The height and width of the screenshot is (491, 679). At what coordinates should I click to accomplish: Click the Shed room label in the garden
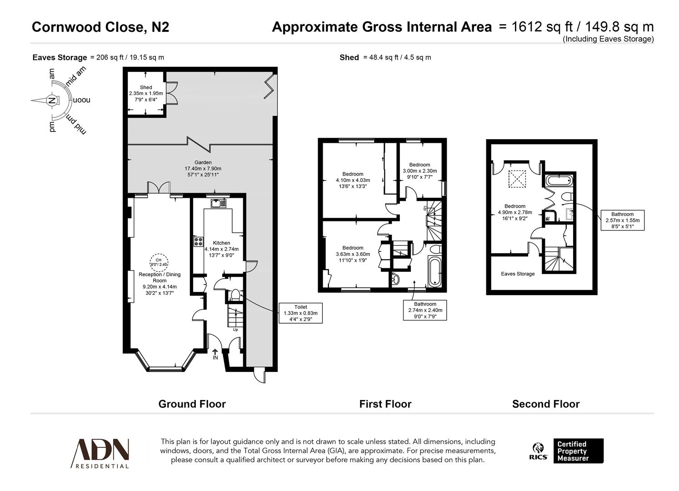coord(145,93)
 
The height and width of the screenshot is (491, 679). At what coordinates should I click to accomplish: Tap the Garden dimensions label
coord(203,169)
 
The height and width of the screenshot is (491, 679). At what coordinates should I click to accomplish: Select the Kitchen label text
coord(221,249)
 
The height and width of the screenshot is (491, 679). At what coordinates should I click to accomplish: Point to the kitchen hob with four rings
coord(199,241)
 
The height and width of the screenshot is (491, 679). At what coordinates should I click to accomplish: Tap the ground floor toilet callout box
coord(300,313)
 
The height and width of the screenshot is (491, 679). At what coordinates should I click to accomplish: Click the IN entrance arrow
coord(215,354)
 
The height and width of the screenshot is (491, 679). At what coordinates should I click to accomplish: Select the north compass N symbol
coord(52,100)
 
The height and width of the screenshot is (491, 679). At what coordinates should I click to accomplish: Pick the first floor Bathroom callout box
coord(424,310)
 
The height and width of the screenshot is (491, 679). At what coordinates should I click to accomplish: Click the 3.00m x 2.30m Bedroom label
coord(419,171)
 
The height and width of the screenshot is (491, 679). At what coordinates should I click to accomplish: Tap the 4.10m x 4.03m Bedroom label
coord(353,180)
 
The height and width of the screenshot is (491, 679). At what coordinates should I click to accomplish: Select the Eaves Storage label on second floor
coord(518,274)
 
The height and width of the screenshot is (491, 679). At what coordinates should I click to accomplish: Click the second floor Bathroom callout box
coord(622,220)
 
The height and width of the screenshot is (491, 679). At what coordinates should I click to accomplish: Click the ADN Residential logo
coord(101,453)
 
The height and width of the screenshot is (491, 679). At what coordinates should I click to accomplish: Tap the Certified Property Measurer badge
coord(578,451)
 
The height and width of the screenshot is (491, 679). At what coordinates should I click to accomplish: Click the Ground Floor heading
coord(192,404)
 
